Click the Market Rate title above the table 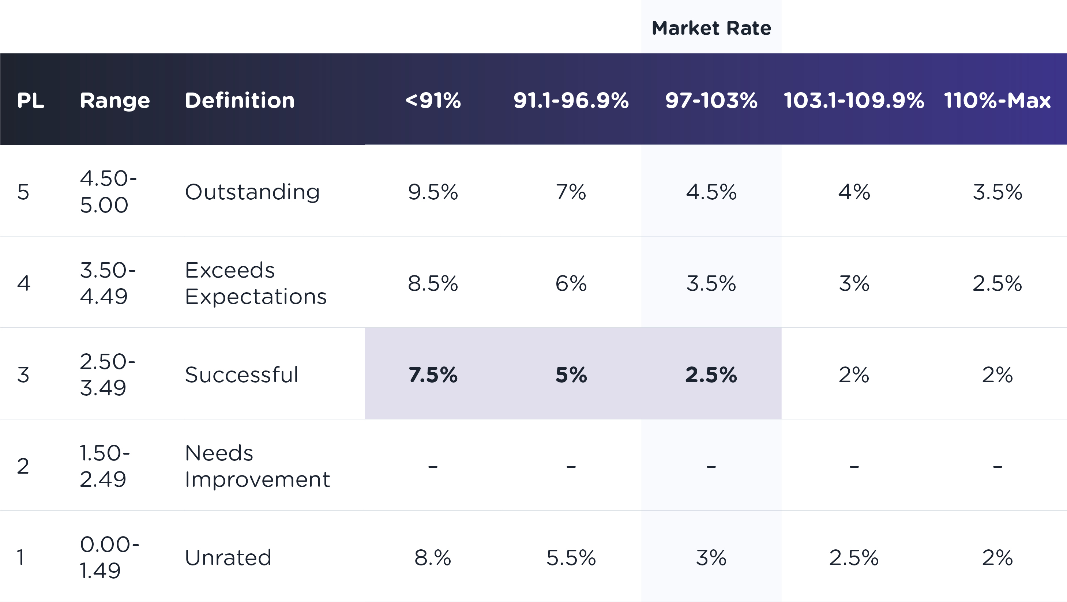click(711, 28)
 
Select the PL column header click(31, 100)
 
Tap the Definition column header click(240, 100)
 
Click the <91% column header click(433, 100)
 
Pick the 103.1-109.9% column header click(854, 100)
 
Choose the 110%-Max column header click(997, 100)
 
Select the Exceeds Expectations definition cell click(256, 283)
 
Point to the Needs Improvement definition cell click(257, 466)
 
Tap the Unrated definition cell click(228, 557)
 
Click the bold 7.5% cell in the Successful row click(433, 375)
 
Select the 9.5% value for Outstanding click(433, 192)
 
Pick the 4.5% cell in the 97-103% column click(711, 192)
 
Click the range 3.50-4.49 click(108, 283)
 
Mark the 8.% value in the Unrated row click(433, 557)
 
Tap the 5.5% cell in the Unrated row click(571, 557)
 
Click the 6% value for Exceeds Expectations click(571, 283)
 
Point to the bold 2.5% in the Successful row click(711, 375)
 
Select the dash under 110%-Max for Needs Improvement click(998, 467)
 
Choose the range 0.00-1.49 click(109, 557)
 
